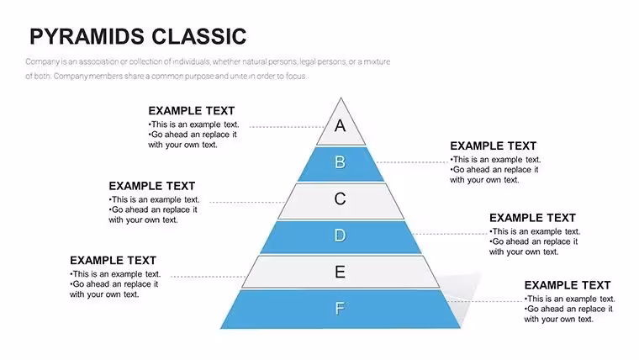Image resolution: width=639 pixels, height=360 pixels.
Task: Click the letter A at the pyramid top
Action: coord(341,125)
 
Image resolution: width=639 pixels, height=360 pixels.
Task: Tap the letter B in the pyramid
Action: coord(341,162)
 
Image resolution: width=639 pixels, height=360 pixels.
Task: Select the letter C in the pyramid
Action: coord(340,199)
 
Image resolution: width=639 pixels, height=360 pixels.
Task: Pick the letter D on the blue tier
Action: coord(340,236)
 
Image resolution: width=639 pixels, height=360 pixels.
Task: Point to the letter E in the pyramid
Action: coord(340,272)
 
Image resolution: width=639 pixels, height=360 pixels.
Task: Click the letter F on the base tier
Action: coord(340,309)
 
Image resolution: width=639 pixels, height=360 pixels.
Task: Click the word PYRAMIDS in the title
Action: coord(87,36)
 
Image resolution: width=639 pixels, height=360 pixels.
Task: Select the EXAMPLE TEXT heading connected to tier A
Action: coord(192,111)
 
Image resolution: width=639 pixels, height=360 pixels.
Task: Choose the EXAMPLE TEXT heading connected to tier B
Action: coord(493,146)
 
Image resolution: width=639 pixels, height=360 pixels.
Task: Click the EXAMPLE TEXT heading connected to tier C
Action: coord(152,186)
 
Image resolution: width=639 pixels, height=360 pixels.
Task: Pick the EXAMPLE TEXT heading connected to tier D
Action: coord(532,218)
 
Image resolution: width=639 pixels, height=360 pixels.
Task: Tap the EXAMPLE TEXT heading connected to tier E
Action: coord(113,261)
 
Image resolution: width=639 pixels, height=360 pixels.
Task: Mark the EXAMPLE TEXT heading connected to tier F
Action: coord(568,285)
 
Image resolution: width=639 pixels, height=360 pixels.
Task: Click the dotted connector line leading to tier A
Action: coord(287,127)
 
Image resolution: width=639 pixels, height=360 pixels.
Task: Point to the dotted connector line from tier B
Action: coord(412,162)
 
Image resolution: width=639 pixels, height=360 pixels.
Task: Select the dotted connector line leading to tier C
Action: coord(247,202)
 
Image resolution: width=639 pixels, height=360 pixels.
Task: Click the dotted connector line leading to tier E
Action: coord(209,277)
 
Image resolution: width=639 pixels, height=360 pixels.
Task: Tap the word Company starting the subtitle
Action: coord(43,62)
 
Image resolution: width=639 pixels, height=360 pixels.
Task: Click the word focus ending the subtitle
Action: coord(295,76)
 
